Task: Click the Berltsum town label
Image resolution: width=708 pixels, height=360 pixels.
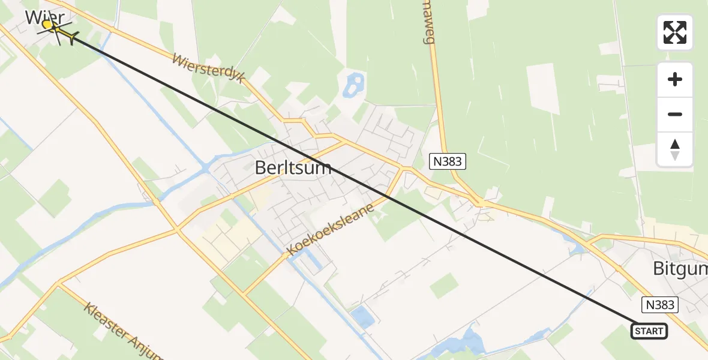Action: point(293,167)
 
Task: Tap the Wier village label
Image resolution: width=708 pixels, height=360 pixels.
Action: point(44,17)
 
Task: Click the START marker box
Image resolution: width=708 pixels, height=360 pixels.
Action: point(649,331)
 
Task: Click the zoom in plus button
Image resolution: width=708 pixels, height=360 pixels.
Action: point(675,79)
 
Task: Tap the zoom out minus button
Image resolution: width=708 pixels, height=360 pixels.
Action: point(675,115)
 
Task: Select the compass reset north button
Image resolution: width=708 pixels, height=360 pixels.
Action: point(675,149)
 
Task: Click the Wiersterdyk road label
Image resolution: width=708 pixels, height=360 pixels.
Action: point(208,69)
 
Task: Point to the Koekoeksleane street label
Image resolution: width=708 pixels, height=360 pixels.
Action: point(331,229)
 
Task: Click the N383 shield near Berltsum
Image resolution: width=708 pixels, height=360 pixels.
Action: point(448,161)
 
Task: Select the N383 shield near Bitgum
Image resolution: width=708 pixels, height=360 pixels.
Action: point(660,305)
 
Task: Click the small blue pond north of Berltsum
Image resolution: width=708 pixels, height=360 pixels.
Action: point(352,85)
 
